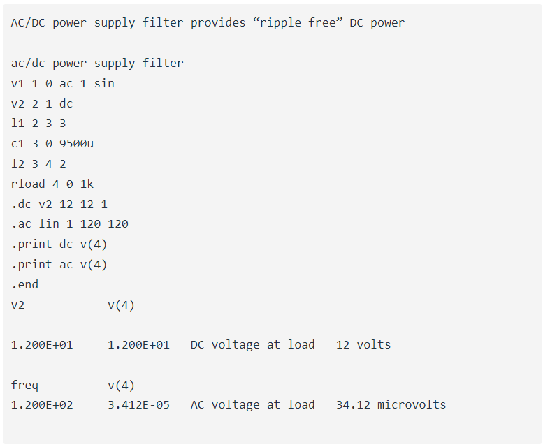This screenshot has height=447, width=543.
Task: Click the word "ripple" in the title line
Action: (280, 23)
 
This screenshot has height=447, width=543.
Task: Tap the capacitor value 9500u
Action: (76, 143)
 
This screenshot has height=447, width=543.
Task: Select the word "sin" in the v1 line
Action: (104, 83)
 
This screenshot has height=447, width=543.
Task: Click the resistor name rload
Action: (28, 184)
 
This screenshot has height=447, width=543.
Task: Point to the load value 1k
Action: (87, 184)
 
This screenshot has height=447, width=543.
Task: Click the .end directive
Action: (25, 284)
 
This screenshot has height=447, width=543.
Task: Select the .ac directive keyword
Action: (22, 223)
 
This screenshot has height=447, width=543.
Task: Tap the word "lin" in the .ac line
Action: (48, 223)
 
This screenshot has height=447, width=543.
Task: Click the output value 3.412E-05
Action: (138, 405)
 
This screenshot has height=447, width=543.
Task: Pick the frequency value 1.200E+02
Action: (42, 405)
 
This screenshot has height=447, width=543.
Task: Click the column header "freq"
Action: (24, 385)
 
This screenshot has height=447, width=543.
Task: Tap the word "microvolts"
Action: (412, 405)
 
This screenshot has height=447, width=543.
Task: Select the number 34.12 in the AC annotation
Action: (353, 405)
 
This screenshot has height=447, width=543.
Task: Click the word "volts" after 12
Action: (374, 344)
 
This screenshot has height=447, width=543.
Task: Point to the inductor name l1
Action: (17, 123)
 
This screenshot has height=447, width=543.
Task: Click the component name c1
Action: (17, 143)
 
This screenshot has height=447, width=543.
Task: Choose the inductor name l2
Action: (17, 163)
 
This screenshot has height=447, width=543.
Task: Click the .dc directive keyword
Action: (22, 204)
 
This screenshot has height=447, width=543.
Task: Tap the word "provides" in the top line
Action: (218, 23)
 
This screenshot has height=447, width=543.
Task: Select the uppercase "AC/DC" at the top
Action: (28, 23)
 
